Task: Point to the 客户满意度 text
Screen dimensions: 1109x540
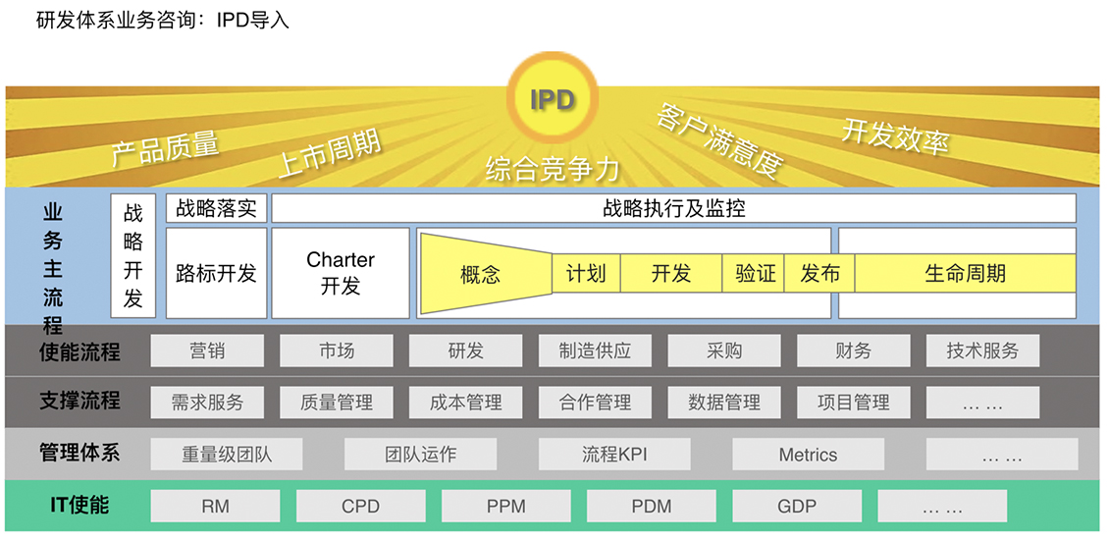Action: click(x=718, y=139)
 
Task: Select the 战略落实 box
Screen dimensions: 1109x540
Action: click(x=217, y=209)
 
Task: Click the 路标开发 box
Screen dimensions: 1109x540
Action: click(x=217, y=273)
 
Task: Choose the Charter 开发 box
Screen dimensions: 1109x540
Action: click(x=341, y=273)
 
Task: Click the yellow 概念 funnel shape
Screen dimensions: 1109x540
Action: click(x=486, y=273)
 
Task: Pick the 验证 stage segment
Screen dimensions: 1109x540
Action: click(x=754, y=273)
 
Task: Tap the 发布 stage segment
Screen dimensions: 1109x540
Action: click(x=819, y=273)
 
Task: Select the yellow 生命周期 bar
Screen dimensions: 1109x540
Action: click(x=966, y=273)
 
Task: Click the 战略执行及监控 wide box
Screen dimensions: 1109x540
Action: click(x=674, y=209)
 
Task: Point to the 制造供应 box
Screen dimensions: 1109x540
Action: click(x=595, y=351)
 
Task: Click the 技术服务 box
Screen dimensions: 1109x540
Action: click(x=982, y=351)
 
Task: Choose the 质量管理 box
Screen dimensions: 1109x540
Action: click(x=337, y=402)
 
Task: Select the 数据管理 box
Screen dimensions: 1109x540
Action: click(x=724, y=402)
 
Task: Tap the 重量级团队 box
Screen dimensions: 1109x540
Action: click(x=227, y=454)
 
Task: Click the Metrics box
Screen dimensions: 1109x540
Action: click(x=808, y=454)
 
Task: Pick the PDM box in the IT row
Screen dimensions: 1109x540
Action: click(x=652, y=506)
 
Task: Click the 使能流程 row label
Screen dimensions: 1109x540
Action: click(x=79, y=351)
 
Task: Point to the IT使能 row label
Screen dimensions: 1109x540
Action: click(x=79, y=506)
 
